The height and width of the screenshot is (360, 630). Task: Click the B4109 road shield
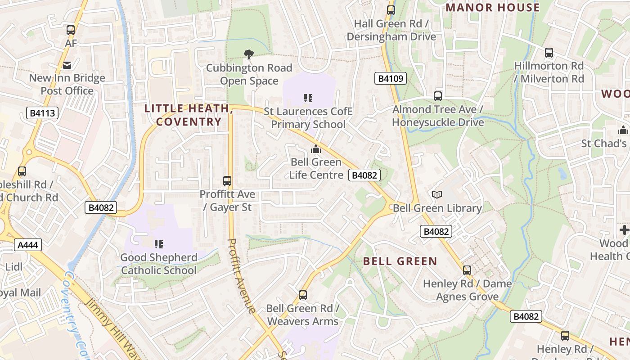pyautogui.click(x=390, y=79)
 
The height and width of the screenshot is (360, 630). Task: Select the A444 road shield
pyautogui.click(x=28, y=245)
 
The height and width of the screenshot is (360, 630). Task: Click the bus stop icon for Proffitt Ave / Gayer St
pyautogui.click(x=227, y=181)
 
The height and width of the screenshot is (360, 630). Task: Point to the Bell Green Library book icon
pyautogui.click(x=436, y=194)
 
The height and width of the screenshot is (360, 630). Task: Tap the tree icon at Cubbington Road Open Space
pyautogui.click(x=248, y=54)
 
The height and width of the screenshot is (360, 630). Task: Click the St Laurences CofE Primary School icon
pyautogui.click(x=308, y=98)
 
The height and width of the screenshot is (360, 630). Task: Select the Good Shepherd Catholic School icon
pyautogui.click(x=158, y=244)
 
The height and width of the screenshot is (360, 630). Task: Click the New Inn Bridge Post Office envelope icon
pyautogui.click(x=67, y=65)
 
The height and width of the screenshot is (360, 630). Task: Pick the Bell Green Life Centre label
pyautogui.click(x=316, y=168)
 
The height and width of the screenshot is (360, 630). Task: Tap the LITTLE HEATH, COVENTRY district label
pyautogui.click(x=189, y=115)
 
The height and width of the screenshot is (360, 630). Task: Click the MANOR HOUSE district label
pyautogui.click(x=492, y=8)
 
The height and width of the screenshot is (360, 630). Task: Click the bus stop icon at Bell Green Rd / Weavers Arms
pyautogui.click(x=303, y=295)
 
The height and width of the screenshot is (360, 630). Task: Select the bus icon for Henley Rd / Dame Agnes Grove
pyautogui.click(x=467, y=270)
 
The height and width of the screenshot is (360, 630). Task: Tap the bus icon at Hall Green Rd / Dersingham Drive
pyautogui.click(x=391, y=10)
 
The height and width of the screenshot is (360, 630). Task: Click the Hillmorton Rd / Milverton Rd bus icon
pyautogui.click(x=549, y=52)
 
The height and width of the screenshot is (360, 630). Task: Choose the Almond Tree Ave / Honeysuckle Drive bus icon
pyautogui.click(x=437, y=96)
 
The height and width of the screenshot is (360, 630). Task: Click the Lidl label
pyautogui.click(x=13, y=267)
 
